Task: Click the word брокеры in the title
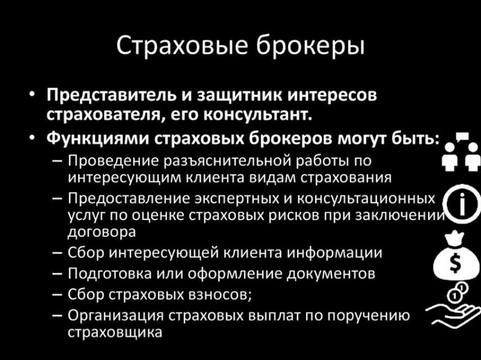tap(310, 46)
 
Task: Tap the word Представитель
tap(111, 95)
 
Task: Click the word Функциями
tap(97, 138)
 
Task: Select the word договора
tap(102, 233)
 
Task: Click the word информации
tap(334, 253)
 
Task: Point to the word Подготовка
tap(109, 273)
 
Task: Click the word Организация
tap(116, 316)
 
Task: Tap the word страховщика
tap(115, 333)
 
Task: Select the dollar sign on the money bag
tap(455, 264)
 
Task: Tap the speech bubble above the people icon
tap(462, 136)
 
